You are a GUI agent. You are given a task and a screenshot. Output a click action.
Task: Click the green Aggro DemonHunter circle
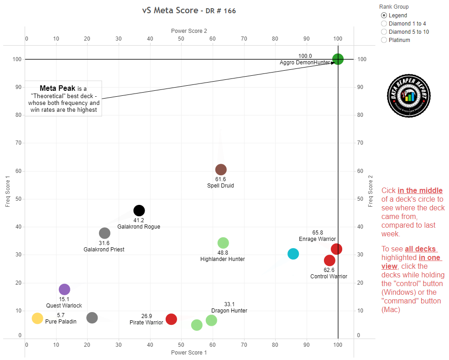[338, 59]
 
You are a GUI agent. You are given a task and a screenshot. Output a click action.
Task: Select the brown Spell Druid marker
[221, 170]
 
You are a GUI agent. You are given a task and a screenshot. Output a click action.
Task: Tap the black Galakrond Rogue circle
[139, 210]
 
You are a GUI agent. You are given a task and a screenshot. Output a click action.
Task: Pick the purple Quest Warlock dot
[64, 289]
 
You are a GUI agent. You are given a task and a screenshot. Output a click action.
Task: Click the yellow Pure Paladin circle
[37, 318]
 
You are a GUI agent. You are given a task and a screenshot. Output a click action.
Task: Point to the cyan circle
[293, 254]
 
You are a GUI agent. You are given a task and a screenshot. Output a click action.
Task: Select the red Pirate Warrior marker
[171, 319]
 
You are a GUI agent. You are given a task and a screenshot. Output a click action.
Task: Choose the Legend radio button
[384, 16]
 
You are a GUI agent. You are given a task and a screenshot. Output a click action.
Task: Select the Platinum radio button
[384, 40]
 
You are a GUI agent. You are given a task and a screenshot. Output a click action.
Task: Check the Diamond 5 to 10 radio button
[384, 32]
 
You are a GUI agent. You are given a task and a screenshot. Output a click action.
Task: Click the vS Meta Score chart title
[189, 10]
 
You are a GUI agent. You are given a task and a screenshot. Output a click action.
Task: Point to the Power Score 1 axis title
[189, 353]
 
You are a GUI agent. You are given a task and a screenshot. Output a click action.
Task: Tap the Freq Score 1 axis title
[8, 192]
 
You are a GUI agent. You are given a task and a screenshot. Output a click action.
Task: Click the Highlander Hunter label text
[223, 259]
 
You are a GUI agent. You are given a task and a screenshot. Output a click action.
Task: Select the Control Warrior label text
[329, 277]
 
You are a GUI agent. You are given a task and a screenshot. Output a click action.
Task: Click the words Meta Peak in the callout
[57, 88]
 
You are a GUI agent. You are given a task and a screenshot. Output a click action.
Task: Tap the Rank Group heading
[394, 7]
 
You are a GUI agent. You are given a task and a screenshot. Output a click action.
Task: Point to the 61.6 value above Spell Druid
[221, 179]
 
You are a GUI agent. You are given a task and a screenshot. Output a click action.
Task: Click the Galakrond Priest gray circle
[104, 233]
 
